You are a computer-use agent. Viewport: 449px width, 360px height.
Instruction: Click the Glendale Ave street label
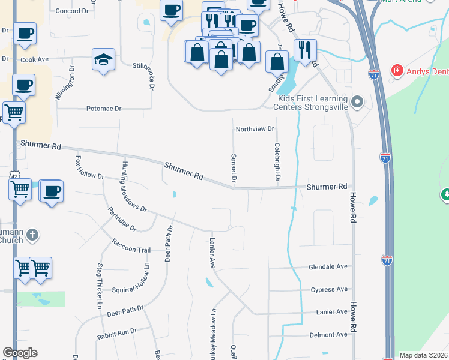click(x=328, y=266)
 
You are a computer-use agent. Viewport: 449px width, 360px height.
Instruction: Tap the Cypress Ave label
click(x=329, y=290)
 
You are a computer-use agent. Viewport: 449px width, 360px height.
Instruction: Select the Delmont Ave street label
click(x=328, y=334)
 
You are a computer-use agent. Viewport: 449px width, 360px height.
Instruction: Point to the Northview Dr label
click(x=255, y=129)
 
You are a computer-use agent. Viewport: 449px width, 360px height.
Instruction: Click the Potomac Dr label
click(x=104, y=109)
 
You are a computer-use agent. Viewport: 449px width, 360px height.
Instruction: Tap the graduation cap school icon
click(x=103, y=59)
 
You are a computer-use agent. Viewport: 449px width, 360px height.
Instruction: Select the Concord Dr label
click(x=71, y=11)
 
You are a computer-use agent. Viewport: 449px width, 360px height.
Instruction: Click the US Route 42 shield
click(x=14, y=175)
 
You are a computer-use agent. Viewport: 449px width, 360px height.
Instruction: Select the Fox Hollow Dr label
click(x=90, y=170)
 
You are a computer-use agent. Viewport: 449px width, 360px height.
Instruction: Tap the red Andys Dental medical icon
click(x=396, y=71)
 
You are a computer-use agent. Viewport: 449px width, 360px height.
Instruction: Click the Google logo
click(x=20, y=353)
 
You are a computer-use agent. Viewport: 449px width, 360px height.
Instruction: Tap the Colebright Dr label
click(x=277, y=161)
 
